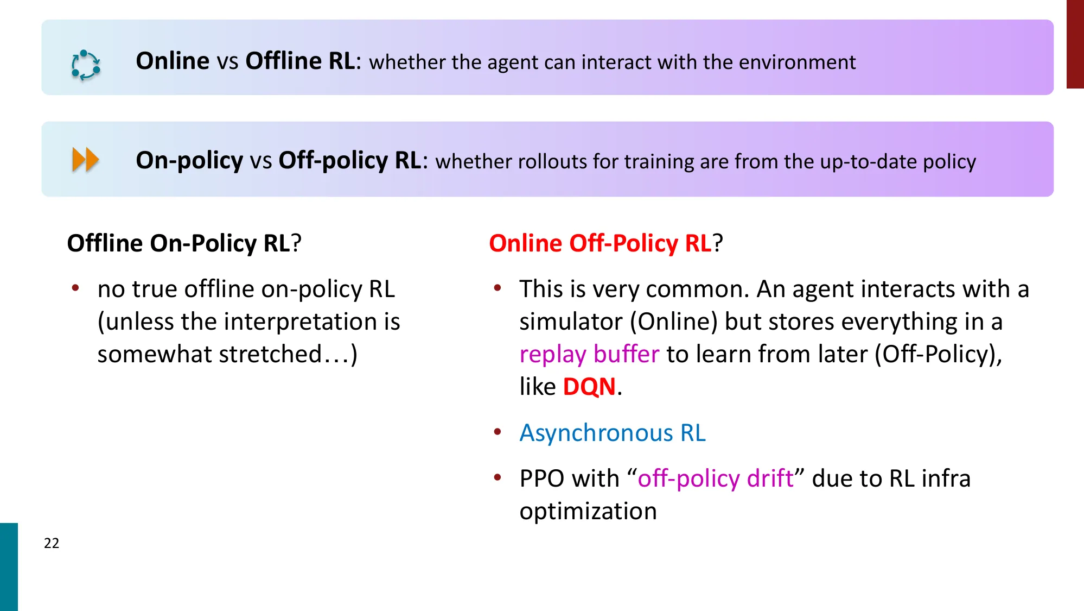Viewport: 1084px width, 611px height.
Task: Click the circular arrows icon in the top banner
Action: (86, 66)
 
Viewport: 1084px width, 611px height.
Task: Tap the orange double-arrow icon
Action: (85, 160)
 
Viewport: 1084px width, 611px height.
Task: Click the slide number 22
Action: (52, 543)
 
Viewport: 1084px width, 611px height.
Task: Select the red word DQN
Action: (589, 387)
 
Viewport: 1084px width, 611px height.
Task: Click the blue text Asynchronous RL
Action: (613, 433)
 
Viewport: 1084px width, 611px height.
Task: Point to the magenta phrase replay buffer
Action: (589, 354)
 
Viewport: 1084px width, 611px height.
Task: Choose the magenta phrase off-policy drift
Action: (716, 478)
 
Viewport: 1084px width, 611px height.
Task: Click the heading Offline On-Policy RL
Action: (178, 243)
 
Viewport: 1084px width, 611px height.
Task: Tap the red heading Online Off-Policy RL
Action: (600, 243)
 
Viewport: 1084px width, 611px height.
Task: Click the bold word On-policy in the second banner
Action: (189, 160)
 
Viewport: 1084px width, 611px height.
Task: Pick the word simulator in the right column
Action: (571, 322)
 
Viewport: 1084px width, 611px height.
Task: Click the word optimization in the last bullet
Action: (588, 511)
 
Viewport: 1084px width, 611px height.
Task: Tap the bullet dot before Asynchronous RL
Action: (498, 432)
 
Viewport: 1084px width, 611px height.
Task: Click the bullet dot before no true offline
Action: (76, 288)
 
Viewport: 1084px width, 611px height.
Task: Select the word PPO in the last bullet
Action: (542, 478)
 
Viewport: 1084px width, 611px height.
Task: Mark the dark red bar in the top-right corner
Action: (1075, 44)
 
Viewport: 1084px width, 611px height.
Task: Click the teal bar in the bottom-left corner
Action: (9, 566)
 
